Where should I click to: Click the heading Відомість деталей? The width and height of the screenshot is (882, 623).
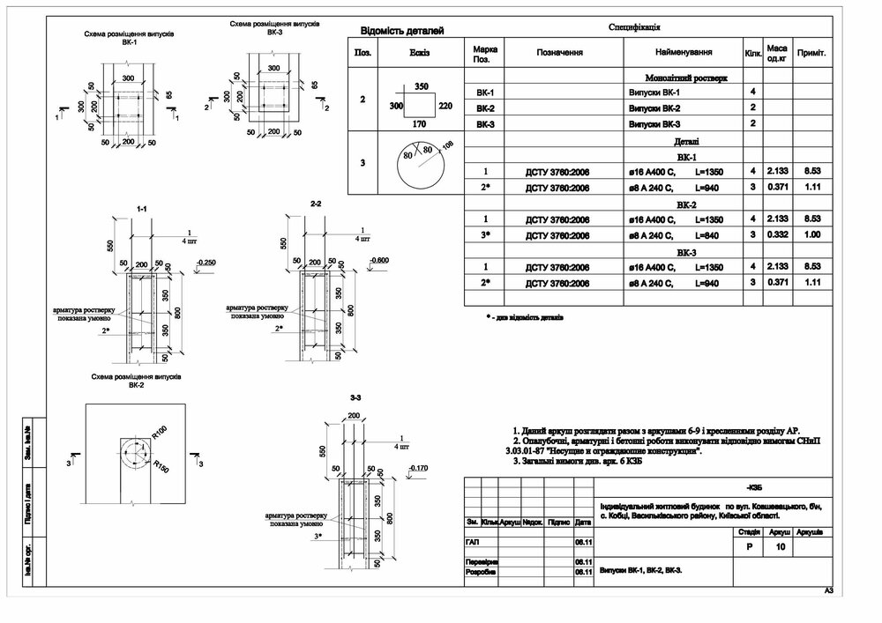click(x=400, y=32)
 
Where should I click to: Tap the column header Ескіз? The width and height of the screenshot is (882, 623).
click(x=420, y=53)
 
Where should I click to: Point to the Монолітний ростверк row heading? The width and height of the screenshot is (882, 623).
click(x=686, y=78)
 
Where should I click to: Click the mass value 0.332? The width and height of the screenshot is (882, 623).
click(x=777, y=234)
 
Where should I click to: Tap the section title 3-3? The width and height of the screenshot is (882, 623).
click(x=355, y=399)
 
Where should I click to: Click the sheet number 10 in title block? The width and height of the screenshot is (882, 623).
click(x=779, y=547)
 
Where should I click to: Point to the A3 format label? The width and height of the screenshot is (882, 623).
click(x=828, y=590)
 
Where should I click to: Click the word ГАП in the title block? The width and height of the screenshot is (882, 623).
click(x=474, y=541)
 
